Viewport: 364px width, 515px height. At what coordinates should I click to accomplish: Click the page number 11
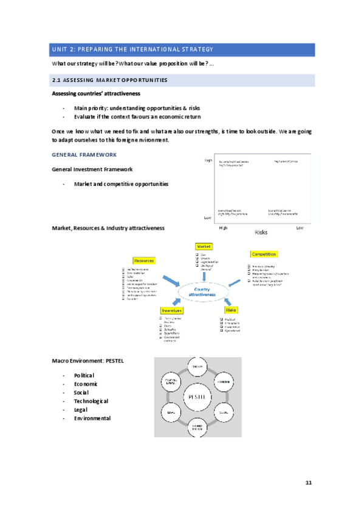pos(308,482)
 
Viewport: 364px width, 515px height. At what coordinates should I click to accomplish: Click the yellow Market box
pos(203,247)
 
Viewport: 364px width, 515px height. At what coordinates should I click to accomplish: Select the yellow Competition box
pos(264,254)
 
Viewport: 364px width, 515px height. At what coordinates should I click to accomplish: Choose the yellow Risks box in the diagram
pos(232,310)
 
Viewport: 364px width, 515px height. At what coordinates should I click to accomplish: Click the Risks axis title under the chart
pos(261,232)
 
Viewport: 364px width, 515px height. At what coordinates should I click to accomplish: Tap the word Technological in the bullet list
pos(91,401)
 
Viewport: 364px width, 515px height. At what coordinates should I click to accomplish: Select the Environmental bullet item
pos(92,418)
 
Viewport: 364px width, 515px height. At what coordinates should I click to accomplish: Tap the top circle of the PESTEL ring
pos(197,367)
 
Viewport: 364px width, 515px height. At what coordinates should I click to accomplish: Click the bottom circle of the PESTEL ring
pos(197,427)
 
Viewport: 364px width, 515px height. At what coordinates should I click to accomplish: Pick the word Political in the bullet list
pos(84,375)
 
